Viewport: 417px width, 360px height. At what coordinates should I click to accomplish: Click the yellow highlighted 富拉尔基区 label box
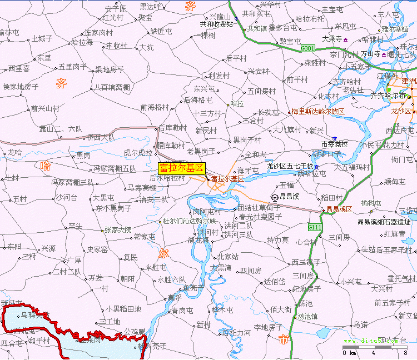pos(181,168)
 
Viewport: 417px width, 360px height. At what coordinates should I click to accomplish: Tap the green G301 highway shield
pos(307,49)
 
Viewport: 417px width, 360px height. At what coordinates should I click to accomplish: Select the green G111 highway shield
pos(315,227)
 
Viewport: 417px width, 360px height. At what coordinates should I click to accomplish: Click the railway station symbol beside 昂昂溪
pos(275,197)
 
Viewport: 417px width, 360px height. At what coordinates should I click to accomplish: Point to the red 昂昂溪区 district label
pos(339,209)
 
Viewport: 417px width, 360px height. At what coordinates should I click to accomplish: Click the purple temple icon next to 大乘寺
pos(346,39)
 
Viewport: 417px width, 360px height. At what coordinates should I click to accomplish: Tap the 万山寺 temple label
pos(370,54)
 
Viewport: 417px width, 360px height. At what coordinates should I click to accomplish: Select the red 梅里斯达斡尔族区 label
pos(318,112)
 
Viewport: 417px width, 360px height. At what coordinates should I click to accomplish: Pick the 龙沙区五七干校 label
pos(290,166)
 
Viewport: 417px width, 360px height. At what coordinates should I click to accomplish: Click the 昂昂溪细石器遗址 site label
pos(384,222)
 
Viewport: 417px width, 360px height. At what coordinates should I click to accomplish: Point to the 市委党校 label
pos(334,144)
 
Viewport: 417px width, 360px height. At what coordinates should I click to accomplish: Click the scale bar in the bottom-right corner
pos(376,347)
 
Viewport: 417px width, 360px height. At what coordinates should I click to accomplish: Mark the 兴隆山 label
pos(219,17)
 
